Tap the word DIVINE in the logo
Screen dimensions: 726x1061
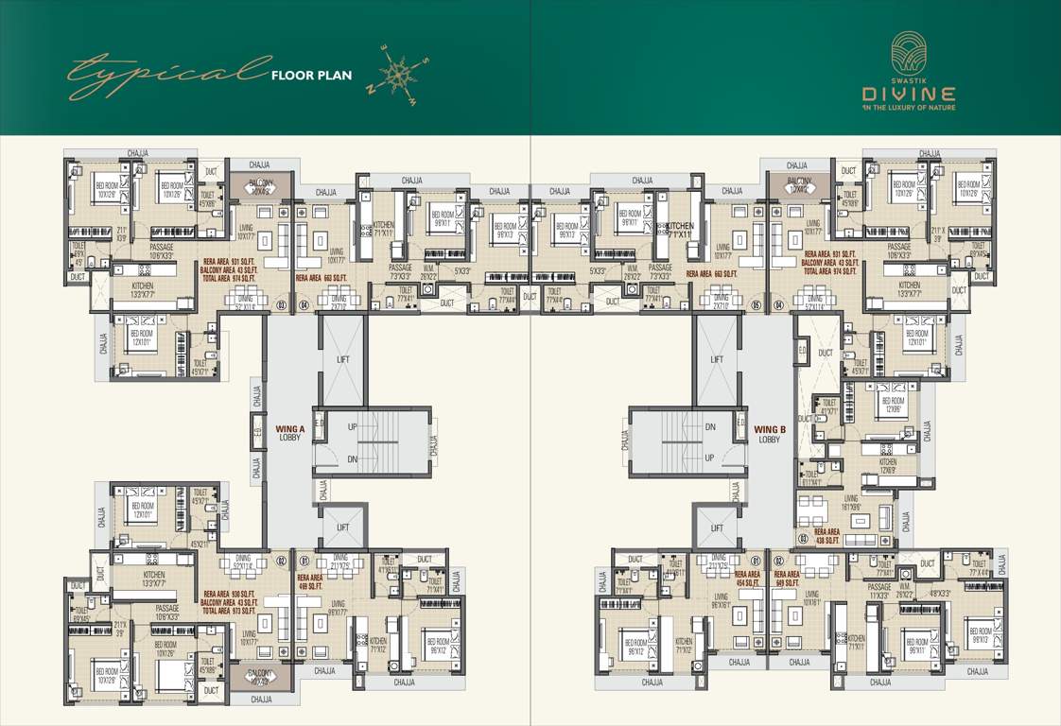908,94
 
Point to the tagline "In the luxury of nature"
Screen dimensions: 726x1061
908,108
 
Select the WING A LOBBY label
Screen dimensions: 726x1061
289,434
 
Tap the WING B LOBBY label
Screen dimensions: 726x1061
770,434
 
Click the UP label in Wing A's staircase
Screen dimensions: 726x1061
353,427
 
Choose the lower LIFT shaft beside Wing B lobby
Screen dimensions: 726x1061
717,527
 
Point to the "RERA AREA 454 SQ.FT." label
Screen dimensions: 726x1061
747,578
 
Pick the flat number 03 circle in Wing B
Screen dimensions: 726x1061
803,540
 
